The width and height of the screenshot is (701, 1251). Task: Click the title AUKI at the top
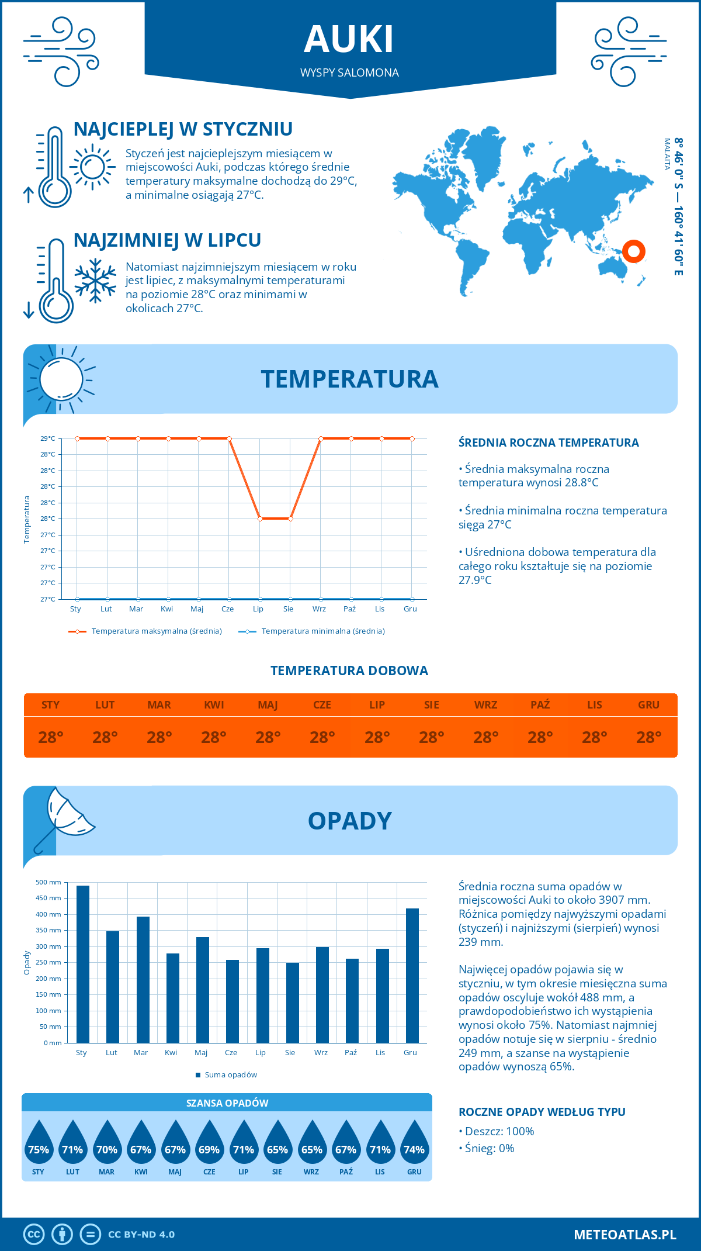coord(349,40)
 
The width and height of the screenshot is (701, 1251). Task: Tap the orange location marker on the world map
coord(633,251)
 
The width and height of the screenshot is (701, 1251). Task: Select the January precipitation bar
coord(83,965)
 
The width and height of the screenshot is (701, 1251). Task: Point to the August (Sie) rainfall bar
coord(292,1003)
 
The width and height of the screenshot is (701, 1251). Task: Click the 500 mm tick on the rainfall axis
coord(48,882)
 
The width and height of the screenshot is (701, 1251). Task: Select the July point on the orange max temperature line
coord(260,519)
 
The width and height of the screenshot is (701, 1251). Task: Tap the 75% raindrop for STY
coord(39,1147)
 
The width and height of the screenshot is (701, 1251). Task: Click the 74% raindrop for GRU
coord(414,1147)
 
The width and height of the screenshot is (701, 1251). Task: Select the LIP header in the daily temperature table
coord(377,704)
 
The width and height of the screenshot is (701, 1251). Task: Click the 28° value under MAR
coord(159,737)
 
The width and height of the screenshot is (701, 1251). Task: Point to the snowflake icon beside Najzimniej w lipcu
coord(95,281)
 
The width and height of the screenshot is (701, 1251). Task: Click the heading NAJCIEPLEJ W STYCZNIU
coord(183,129)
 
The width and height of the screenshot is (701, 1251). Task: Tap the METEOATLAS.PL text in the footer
coord(624,1234)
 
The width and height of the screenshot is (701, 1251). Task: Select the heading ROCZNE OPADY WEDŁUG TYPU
coord(542,1111)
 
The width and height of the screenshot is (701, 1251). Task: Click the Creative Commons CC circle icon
coord(34,1234)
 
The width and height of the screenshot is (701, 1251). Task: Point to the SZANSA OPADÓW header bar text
coord(227,1103)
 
